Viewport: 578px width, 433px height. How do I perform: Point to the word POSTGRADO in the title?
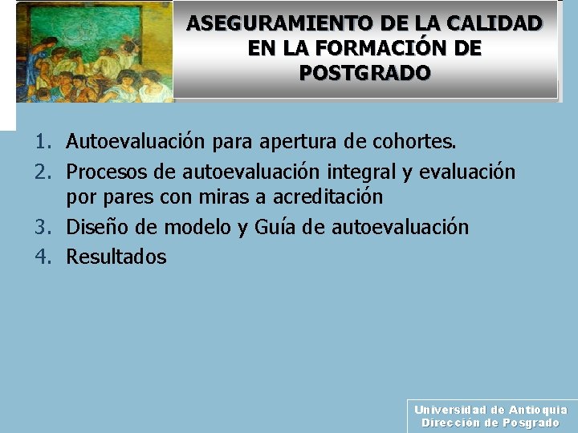coord(365,73)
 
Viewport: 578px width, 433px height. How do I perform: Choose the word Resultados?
coord(116,257)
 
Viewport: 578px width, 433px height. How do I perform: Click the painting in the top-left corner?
coord(92,51)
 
